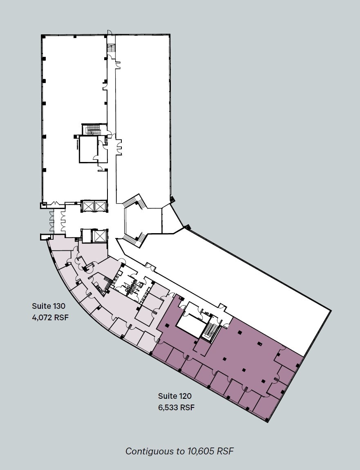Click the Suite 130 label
pos(49,306)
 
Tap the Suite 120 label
pos(175,396)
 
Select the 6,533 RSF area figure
pos(176,407)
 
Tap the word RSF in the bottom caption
pos(226,451)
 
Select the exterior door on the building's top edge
pos(109,33)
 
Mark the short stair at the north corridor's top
pos(111,48)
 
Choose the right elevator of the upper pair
pos(100,206)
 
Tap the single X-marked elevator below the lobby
pos(100,236)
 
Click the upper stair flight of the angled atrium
pos(134,202)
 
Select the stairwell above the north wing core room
pos(92,129)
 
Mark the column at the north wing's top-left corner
pos(42,36)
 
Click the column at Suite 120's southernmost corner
pos(266,420)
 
